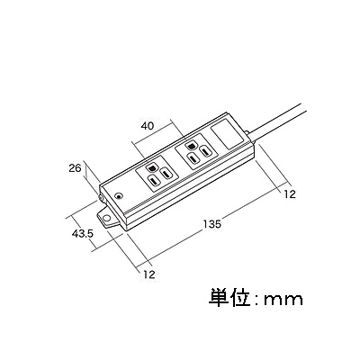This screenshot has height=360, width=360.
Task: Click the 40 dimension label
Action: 147,126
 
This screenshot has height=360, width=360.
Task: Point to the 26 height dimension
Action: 75,168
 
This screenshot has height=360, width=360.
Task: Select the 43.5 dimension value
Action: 83,233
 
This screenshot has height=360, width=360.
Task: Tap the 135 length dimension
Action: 211,224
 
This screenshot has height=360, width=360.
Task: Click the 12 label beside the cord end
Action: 290,194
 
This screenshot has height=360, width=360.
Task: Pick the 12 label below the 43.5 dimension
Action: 149,274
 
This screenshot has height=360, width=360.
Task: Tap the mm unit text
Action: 283,300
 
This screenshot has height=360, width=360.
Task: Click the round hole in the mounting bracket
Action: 105,218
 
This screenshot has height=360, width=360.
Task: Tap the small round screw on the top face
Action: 119,196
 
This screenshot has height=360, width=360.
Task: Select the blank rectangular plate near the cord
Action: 227,134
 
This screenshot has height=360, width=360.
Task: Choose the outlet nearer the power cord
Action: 195,153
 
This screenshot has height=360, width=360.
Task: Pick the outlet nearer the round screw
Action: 157,175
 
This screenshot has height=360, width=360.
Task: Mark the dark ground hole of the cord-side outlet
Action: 191,147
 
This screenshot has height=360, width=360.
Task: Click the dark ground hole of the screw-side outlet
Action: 151,168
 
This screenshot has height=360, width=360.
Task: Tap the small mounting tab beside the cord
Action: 247,132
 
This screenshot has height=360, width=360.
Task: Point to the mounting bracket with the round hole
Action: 107,217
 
